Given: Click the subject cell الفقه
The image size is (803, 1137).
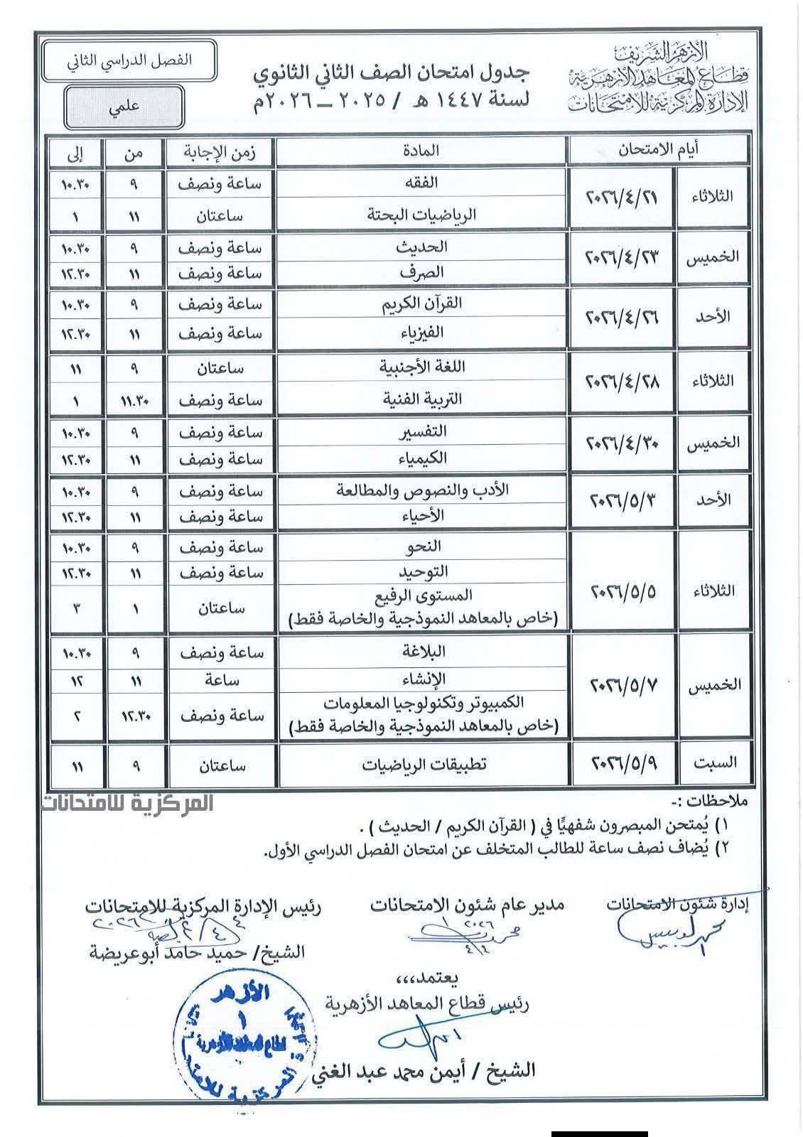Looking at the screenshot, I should tap(421, 183).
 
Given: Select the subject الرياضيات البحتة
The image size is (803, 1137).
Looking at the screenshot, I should tap(421, 215).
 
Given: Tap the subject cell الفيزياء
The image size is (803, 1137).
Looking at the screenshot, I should tap(421, 332).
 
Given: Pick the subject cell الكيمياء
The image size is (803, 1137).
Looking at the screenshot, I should tap(421, 458).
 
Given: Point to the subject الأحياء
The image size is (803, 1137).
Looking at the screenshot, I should tap(421, 517).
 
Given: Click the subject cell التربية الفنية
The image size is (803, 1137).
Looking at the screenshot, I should tap(421, 399).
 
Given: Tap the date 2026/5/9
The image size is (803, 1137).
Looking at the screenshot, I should tap(625, 765).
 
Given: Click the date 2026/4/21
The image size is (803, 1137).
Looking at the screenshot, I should tap(622, 198).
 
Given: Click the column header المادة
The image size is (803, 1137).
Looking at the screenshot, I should tap(421, 151).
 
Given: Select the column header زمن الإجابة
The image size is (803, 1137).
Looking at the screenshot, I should tap(220, 151).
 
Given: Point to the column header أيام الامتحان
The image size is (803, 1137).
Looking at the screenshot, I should tap(657, 149).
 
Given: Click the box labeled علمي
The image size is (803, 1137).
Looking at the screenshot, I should tap(124, 107).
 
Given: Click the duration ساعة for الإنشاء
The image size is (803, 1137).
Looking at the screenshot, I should tap(220, 681).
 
